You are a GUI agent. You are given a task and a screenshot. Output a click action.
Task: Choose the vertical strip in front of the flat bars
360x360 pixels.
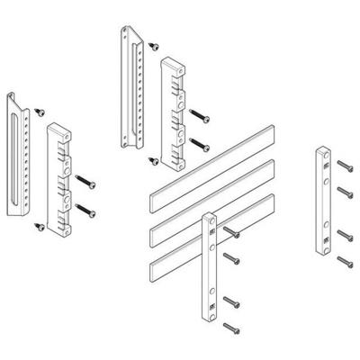(x=208, y=261)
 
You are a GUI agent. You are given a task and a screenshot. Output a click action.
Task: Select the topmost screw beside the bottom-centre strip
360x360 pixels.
(x=233, y=233)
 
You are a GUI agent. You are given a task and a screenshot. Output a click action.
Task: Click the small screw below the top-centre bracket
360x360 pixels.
(x=153, y=159)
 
